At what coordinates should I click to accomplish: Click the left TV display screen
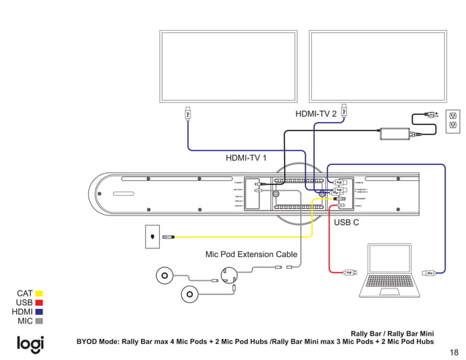[x=229, y=65]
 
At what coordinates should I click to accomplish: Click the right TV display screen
[x=378, y=65]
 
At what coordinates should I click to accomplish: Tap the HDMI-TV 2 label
[x=316, y=114]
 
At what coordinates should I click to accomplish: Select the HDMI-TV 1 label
[x=246, y=157]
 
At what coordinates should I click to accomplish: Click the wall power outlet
[x=453, y=121]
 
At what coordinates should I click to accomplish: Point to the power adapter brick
[x=394, y=134]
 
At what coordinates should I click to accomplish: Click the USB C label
[x=346, y=222]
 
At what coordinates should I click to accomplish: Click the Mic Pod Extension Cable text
[x=251, y=255]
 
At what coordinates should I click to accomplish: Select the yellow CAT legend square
[x=39, y=294]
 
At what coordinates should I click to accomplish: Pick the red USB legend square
[x=39, y=302]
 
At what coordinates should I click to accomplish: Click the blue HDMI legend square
[x=39, y=312]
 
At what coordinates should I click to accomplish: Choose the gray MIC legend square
[x=39, y=321]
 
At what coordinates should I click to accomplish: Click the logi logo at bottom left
[x=30, y=343]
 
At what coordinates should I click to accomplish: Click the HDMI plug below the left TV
[x=188, y=114]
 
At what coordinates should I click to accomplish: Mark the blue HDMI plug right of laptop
[x=430, y=273]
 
